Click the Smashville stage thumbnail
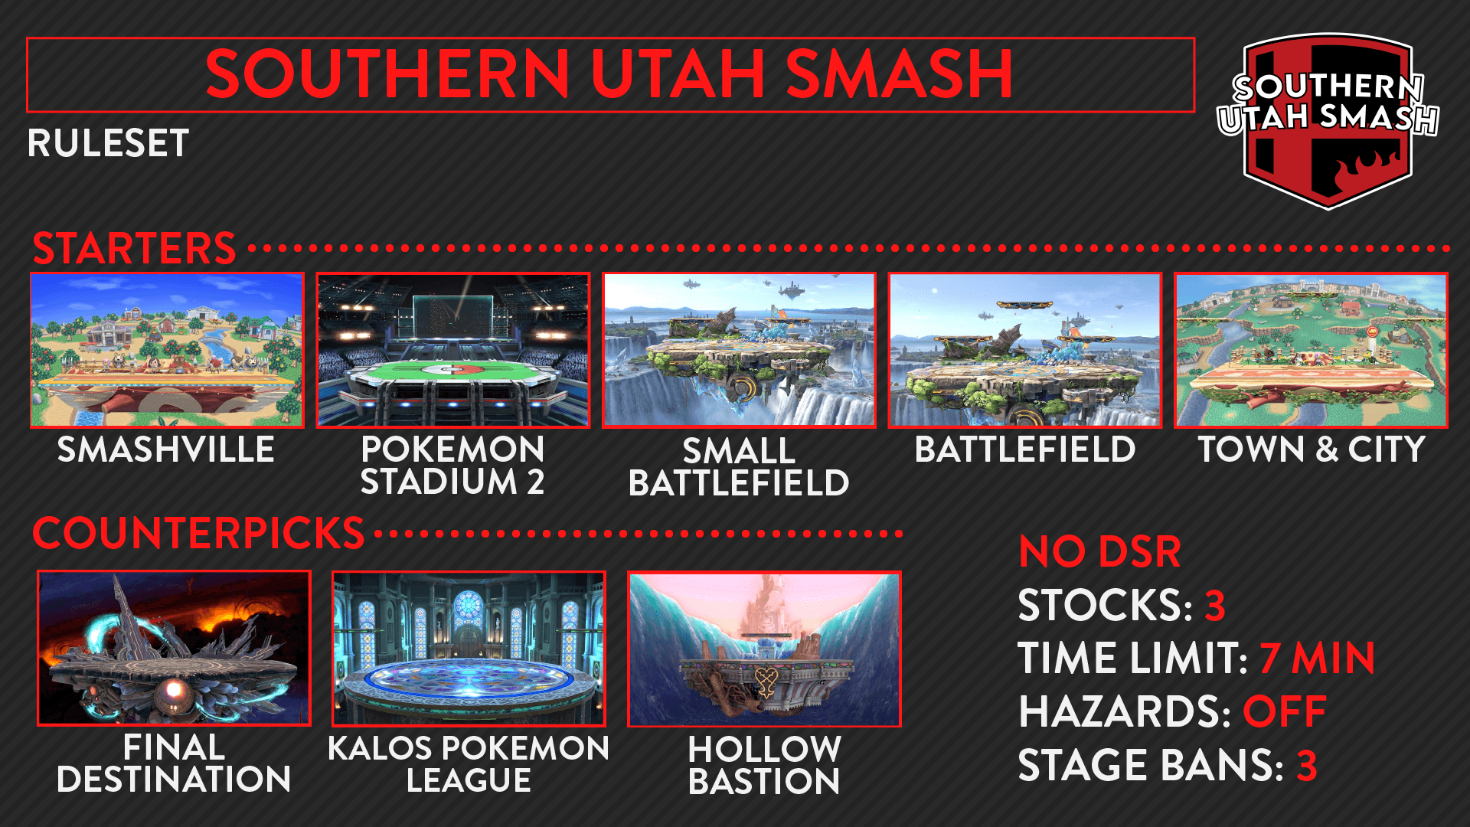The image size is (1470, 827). (x=167, y=350)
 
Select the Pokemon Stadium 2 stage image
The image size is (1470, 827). (x=453, y=350)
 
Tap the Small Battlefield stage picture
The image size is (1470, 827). (x=739, y=350)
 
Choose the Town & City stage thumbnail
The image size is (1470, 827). (x=1311, y=350)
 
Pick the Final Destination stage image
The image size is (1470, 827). (x=174, y=648)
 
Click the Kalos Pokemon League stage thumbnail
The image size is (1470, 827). (x=469, y=648)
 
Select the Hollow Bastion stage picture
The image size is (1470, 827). (x=764, y=648)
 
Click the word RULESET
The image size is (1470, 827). (x=108, y=143)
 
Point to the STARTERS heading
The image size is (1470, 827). (x=134, y=248)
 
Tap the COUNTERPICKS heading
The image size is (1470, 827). (x=198, y=533)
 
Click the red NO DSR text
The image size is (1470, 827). (x=1099, y=551)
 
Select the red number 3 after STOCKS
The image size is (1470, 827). (x=1215, y=605)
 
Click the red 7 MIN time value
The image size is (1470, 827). (x=1317, y=659)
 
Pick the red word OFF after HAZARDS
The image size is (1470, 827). (x=1284, y=712)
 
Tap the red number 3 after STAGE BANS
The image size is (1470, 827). (x=1306, y=766)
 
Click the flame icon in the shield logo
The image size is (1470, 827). (x=1361, y=170)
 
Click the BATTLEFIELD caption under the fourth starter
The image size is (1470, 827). (x=1025, y=449)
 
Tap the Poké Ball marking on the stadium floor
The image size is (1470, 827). (x=453, y=370)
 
